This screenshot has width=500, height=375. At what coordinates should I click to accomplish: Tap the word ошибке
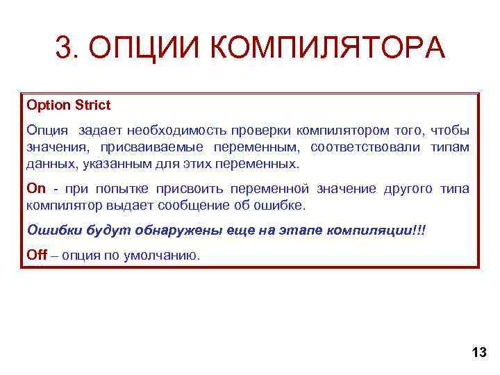point(281,206)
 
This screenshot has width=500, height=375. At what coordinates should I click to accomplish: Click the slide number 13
point(478,353)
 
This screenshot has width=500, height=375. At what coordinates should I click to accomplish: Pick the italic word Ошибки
point(49,231)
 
